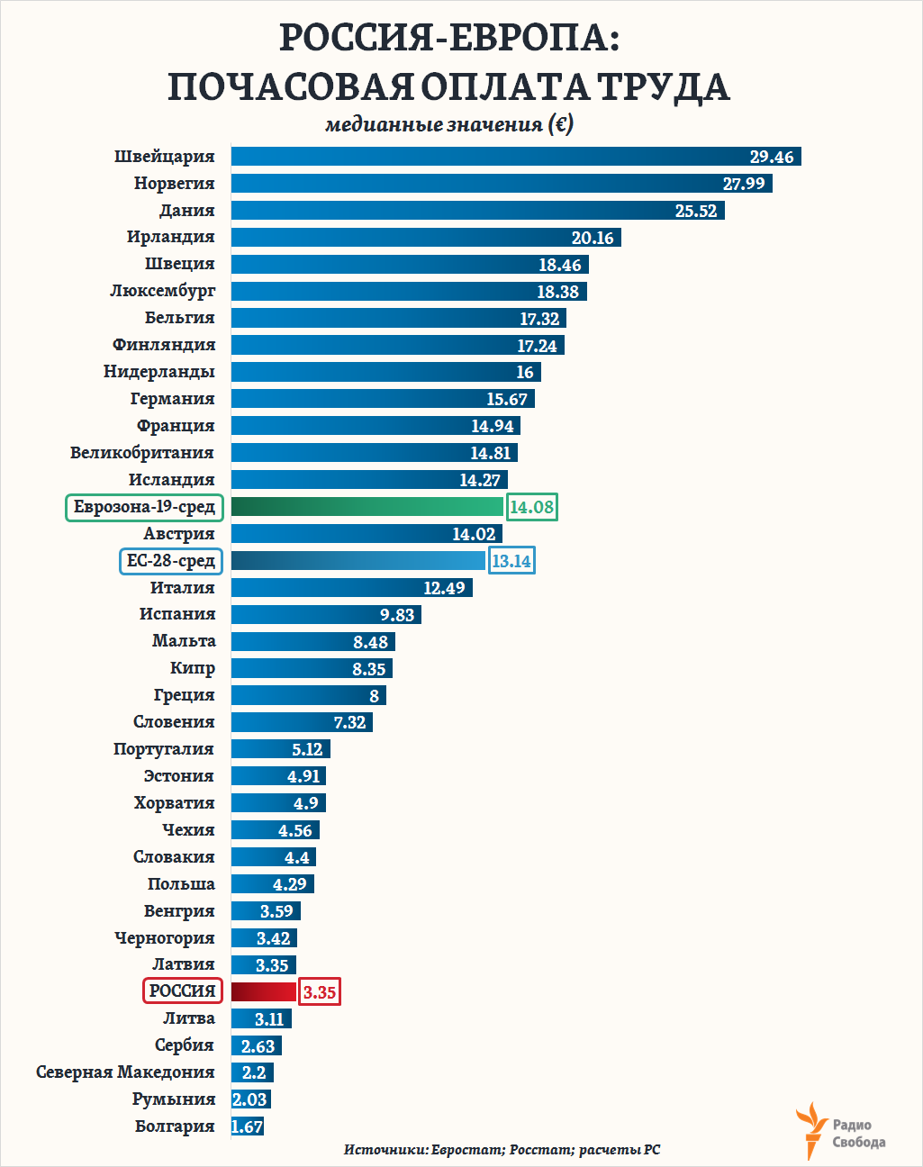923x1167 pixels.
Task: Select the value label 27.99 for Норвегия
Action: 744,184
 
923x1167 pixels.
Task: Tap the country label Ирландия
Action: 171,237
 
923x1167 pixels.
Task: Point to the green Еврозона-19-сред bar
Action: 367,507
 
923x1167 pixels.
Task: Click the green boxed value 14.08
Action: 531,507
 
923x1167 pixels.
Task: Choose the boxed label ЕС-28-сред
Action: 171,561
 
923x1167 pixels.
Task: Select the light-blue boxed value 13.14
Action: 511,561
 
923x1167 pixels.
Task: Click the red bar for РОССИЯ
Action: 264,991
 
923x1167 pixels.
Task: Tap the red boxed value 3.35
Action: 320,992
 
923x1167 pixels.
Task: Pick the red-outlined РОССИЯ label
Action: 183,991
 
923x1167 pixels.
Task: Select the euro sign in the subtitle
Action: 560,124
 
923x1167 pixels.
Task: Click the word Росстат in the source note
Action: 540,1150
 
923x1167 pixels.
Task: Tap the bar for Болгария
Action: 248,1126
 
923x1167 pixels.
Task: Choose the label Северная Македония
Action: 125,1072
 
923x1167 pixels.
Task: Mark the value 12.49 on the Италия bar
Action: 444,588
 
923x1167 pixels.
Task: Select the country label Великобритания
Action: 142,453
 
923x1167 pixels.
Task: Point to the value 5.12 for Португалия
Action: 307,749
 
